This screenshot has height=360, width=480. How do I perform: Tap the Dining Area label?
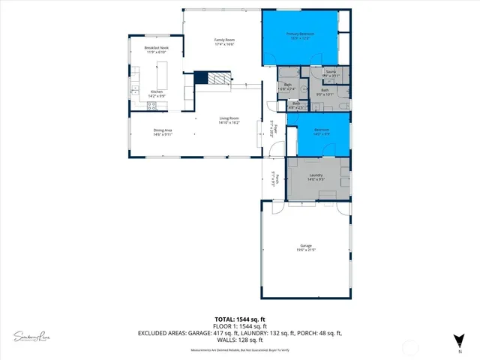[x=163, y=133]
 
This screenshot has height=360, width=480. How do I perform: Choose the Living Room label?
[x=229, y=120]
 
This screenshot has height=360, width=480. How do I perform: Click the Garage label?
[x=305, y=247]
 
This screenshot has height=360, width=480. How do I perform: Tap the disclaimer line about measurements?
[x=239, y=349]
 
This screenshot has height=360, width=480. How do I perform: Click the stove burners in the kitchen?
[x=153, y=106]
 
